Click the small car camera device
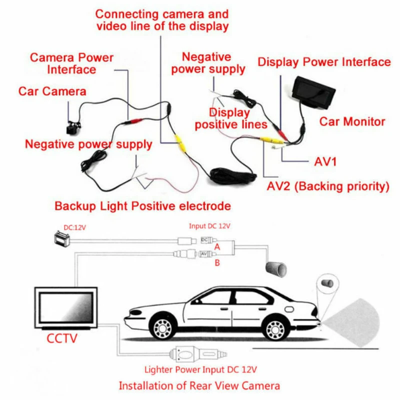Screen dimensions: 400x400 coord(73,127)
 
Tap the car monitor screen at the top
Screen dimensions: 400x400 coord(313,92)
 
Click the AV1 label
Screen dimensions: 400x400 coord(325,161)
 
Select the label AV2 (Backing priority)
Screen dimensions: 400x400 coord(328,186)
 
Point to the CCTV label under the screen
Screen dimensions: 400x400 coord(62,338)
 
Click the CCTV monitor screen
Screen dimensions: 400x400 coord(66,308)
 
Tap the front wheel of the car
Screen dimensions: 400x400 coord(163,328)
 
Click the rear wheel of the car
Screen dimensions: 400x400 coord(274,329)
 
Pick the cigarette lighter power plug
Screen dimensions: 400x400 coord(197,354)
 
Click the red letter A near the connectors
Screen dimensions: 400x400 coord(217,247)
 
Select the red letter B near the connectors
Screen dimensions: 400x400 coord(217,263)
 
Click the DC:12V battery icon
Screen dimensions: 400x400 coord(62,238)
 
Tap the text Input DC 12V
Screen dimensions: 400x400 coord(209,226)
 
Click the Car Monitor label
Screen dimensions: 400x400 coord(352,121)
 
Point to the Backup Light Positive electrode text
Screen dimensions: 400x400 coord(143,206)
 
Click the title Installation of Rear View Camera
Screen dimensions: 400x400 coord(199,385)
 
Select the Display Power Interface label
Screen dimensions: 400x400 coord(324,62)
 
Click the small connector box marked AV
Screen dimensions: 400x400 coord(207,254)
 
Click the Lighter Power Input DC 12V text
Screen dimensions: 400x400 coord(200,369)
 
